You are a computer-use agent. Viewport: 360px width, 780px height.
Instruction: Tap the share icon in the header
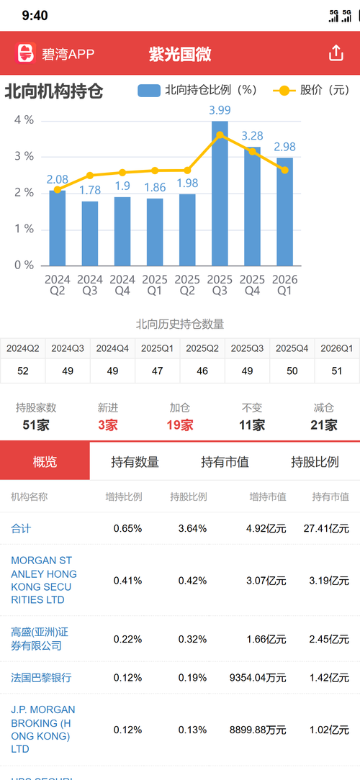336,53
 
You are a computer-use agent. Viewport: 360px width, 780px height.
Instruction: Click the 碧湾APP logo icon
26,53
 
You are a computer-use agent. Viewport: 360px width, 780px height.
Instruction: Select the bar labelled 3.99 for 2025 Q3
220,193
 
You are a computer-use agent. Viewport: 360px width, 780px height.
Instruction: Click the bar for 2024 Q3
89,233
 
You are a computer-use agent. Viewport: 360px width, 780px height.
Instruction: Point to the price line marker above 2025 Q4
253,151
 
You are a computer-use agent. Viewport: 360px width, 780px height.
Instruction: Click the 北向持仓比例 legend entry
197,90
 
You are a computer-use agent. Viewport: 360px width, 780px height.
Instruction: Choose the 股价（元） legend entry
311,90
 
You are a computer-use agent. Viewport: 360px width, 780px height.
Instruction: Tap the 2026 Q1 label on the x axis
285,285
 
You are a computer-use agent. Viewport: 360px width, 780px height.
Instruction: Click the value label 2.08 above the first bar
58,179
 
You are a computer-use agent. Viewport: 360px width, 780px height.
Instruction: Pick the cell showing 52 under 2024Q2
23,371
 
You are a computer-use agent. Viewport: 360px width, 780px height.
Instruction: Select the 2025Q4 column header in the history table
292,348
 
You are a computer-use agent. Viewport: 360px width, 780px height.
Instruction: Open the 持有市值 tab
225,462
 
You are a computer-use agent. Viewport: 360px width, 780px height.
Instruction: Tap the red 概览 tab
45,461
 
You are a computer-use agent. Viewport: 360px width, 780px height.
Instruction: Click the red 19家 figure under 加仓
180,425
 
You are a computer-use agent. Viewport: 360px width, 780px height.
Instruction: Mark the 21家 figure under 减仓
324,425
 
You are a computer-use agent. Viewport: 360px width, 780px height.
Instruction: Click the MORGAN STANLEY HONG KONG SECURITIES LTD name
44,580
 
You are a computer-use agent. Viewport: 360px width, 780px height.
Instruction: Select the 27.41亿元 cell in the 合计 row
326,528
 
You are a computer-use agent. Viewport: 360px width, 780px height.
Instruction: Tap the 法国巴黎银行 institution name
41,678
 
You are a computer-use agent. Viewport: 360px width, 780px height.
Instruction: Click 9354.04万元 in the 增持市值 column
258,678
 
